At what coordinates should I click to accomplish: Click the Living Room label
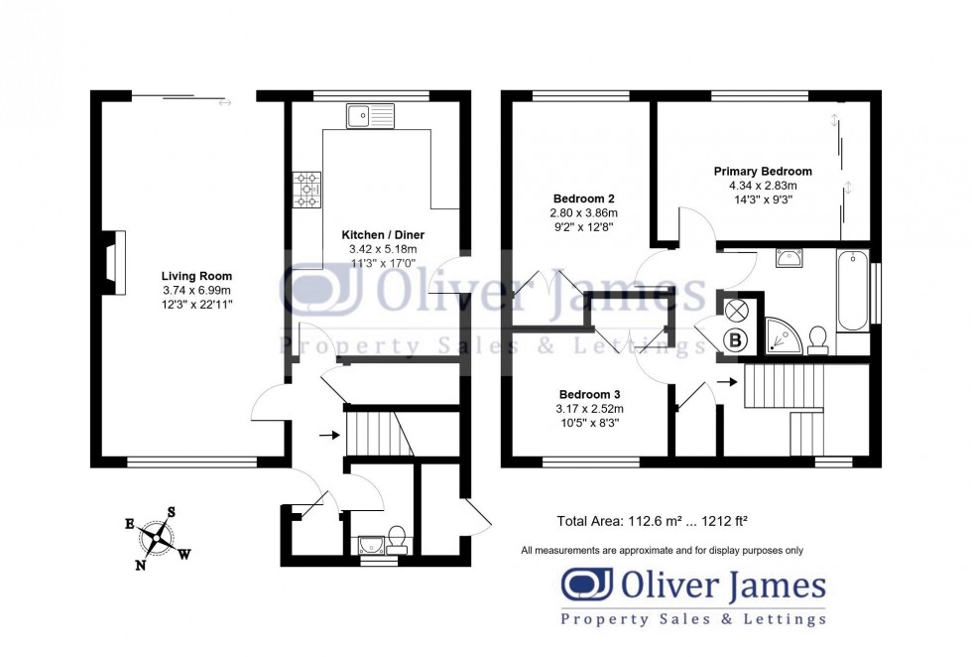coord(197,276)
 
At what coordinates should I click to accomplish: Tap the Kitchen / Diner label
coord(378,234)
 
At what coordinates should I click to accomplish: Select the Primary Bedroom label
coord(763,172)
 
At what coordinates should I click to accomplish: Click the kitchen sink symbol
coord(370,117)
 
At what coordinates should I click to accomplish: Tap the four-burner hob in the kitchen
coord(307,189)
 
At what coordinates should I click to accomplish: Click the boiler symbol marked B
coord(736,340)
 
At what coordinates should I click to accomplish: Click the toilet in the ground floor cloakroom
coord(397,537)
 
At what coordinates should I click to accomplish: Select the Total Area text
coord(652,520)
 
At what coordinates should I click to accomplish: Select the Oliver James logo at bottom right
coord(693,596)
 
